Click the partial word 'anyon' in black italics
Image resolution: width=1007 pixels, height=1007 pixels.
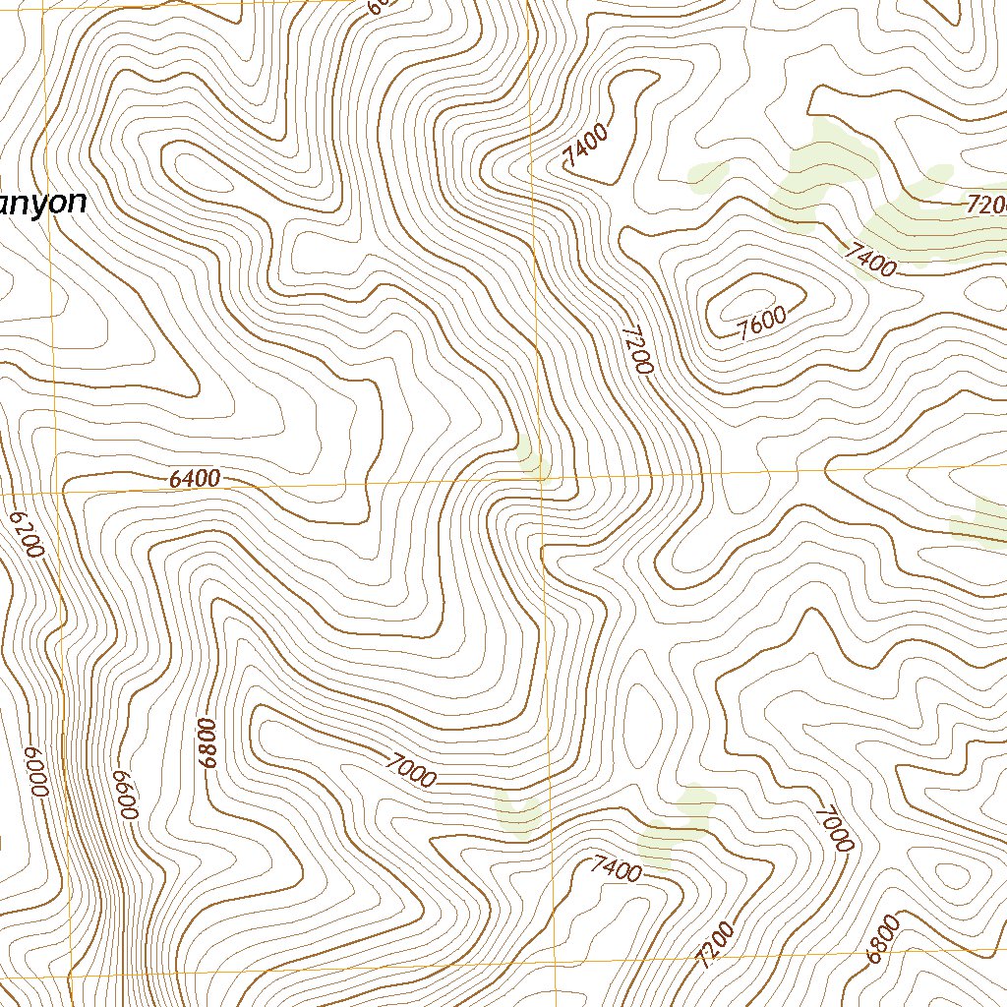[42, 203]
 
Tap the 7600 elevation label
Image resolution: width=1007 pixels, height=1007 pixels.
[762, 322]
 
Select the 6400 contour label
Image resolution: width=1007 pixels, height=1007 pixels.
[194, 479]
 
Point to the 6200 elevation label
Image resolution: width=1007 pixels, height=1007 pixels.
[27, 534]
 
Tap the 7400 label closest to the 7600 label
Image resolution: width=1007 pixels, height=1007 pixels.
[869, 259]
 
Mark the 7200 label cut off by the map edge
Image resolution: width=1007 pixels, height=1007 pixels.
[985, 206]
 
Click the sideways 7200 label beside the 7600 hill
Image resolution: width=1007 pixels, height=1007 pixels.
[636, 349]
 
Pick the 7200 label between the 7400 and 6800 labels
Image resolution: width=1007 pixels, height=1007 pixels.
[715, 945]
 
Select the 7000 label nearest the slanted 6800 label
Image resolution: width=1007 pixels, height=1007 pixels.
[832, 827]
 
